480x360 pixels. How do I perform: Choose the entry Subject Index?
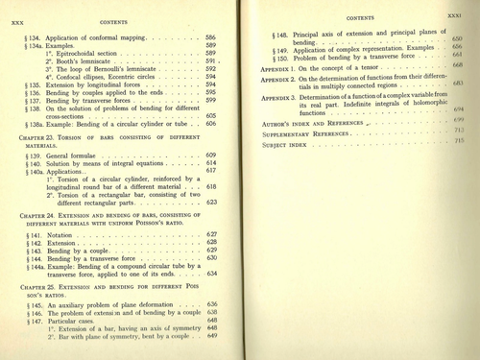coord(288,142)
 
